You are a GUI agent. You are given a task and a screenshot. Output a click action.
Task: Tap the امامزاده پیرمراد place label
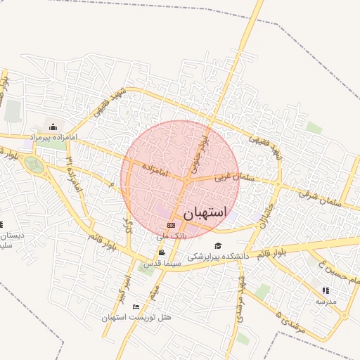pyautogui.click(x=53, y=136)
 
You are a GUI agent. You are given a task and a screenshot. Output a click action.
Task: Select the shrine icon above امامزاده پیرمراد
pyautogui.click(x=53, y=127)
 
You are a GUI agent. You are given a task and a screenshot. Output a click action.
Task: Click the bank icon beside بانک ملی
pyautogui.click(x=170, y=225)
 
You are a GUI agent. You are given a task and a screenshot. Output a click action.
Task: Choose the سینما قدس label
pyautogui.click(x=162, y=264)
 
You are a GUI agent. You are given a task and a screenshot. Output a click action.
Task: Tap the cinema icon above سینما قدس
pyautogui.click(x=162, y=253)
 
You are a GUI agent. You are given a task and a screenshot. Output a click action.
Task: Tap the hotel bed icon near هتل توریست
pyautogui.click(x=136, y=307)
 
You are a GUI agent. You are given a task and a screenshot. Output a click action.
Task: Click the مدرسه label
pyautogui.click(x=326, y=300)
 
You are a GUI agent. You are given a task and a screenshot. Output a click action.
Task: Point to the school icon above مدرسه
pyautogui.click(x=325, y=290)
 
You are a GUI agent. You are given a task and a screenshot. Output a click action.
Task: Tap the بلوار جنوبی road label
pyautogui.click(x=200, y=155)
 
